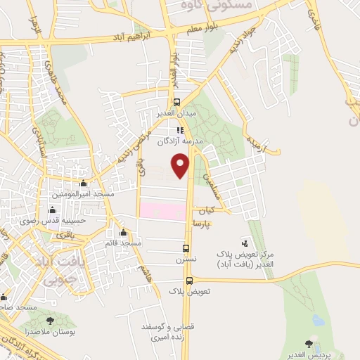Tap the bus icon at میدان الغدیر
coord(176,101)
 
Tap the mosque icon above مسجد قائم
coord(124,233)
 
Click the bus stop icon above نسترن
coord(186,247)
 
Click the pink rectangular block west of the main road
coord(162,210)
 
